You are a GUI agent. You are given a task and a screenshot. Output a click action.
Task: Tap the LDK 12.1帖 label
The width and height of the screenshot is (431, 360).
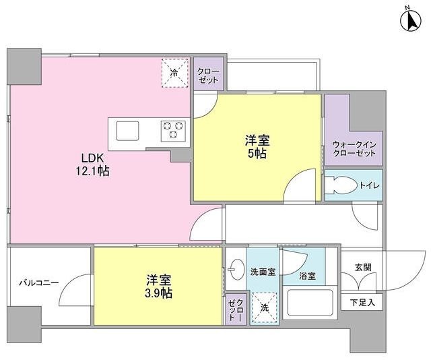tap(92, 166)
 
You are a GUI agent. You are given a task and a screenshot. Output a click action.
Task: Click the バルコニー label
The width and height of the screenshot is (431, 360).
tap(38, 283)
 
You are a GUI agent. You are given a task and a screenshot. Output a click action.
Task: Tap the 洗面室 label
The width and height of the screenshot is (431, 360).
tap(263, 272)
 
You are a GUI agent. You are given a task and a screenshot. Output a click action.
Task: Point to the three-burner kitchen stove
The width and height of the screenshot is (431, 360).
tap(172, 129)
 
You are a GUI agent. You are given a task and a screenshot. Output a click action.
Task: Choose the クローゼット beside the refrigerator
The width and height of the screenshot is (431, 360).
tap(209, 74)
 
